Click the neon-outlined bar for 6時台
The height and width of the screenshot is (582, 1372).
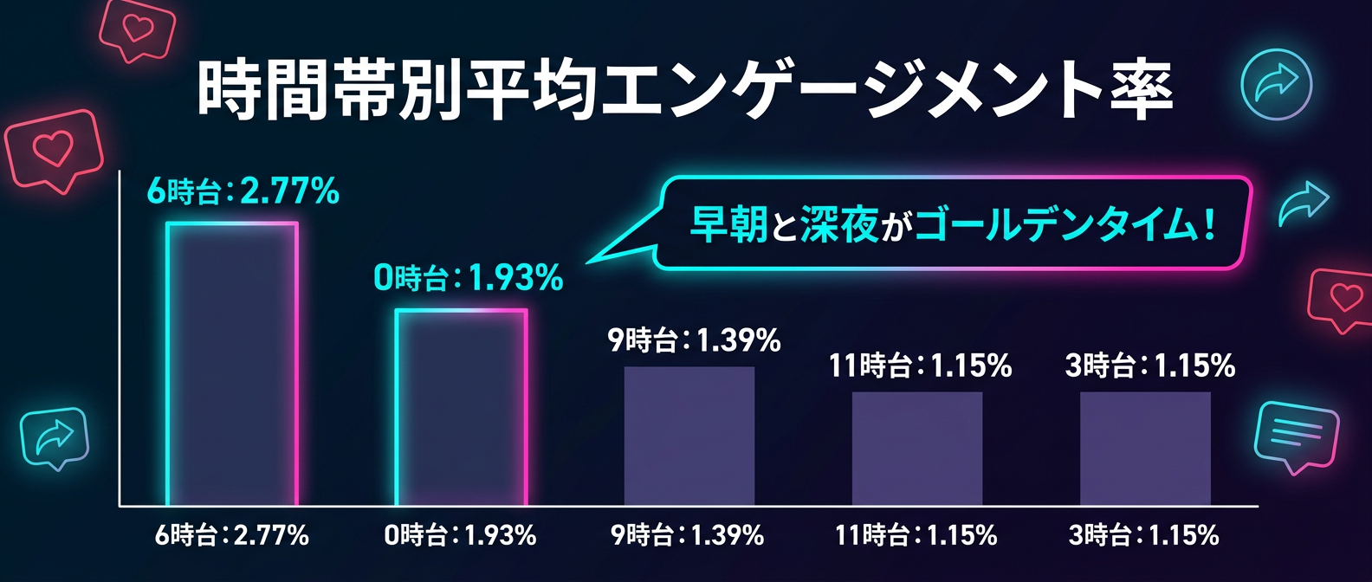pos(232,364)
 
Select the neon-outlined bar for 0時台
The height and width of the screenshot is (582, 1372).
pos(461,407)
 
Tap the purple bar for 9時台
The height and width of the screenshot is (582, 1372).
pos(689,436)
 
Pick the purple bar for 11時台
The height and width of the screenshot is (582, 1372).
pos(917,448)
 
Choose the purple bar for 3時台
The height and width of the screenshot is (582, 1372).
pos(1145,448)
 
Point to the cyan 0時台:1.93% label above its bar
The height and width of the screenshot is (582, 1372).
pos(469,278)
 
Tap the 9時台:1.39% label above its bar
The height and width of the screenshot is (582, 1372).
pos(695,340)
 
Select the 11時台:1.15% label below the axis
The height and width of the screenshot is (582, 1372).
pos(916,535)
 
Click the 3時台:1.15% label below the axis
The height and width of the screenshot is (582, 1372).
pos(1144,535)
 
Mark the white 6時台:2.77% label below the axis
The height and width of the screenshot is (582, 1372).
pos(232,535)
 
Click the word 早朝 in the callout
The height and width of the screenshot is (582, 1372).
pos(729,224)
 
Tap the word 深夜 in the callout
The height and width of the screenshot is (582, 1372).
pos(839,224)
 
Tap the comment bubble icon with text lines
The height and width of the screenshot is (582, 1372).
pos(1296,436)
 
